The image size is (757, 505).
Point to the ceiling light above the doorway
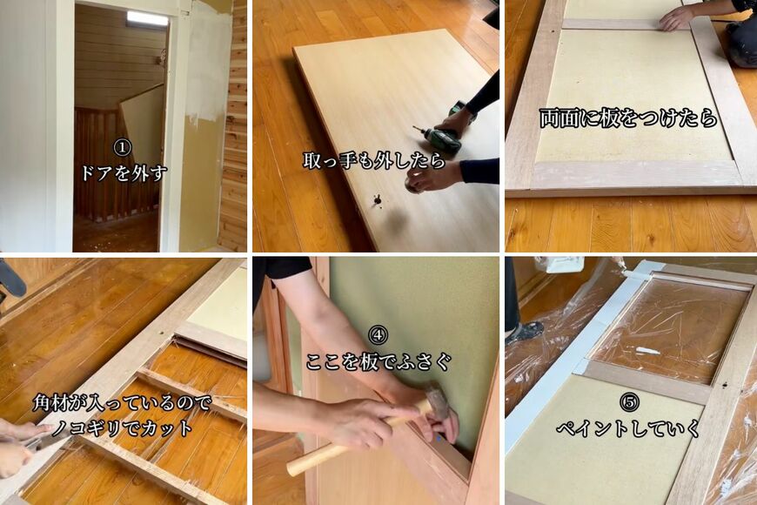pos(147,17)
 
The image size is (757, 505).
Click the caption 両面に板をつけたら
pos(627,118)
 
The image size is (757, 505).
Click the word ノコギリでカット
pos(122,428)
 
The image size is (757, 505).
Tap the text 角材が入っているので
pos(122,403)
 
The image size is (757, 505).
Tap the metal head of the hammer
pos(438,400)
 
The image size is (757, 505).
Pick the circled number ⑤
pos(629,402)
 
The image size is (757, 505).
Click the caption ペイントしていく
pos(628,428)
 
